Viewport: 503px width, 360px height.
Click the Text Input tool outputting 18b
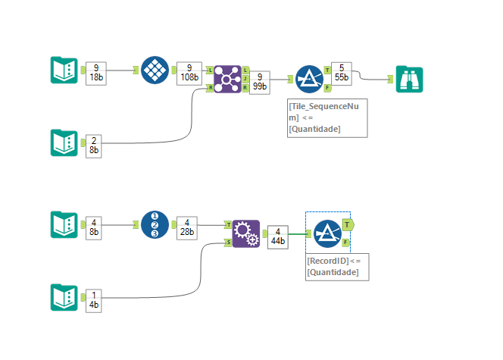click(x=64, y=70)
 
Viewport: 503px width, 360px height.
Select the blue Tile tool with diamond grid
click(x=155, y=70)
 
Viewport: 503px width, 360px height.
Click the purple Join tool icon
click(x=227, y=79)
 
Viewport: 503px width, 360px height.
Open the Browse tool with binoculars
click(x=409, y=79)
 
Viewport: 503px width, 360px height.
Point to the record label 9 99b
click(x=261, y=82)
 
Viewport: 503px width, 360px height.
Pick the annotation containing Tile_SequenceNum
click(x=327, y=118)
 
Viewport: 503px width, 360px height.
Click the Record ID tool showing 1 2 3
click(x=155, y=225)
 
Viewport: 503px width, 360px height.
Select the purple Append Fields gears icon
click(x=245, y=233)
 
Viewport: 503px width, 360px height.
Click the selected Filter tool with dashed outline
click(x=328, y=233)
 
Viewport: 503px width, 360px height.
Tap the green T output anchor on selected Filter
click(x=347, y=224)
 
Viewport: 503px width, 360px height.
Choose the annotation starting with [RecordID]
click(x=336, y=266)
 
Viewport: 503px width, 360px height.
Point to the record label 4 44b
click(x=279, y=236)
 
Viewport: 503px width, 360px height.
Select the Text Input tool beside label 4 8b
click(x=64, y=225)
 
